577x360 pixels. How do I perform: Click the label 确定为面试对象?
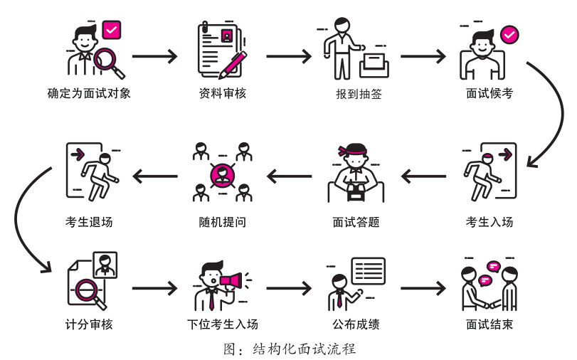[x=89, y=94]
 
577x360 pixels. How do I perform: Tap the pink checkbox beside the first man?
[x=112, y=31]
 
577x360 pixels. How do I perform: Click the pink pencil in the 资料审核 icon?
[x=233, y=63]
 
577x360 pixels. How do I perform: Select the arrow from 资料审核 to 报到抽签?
[x=287, y=56]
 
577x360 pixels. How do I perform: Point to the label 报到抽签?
[x=355, y=94]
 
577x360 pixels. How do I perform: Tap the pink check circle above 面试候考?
[x=509, y=33]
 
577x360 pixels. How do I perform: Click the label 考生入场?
[x=489, y=221]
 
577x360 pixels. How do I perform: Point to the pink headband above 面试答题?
[x=355, y=152]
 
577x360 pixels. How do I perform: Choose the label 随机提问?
[x=223, y=221]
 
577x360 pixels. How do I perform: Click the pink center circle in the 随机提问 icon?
[x=222, y=172]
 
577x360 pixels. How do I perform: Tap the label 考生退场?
[x=89, y=221]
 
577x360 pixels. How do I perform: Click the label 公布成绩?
[x=355, y=325]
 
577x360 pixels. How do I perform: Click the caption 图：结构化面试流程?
[x=288, y=349]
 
